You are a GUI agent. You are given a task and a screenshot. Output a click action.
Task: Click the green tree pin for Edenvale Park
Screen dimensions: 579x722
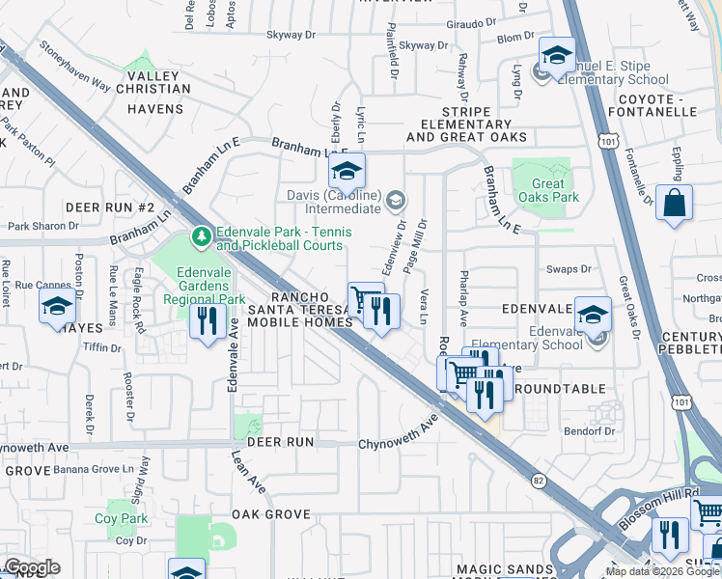click(202, 235)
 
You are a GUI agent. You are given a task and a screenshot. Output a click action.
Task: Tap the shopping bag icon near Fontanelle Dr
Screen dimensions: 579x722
click(674, 204)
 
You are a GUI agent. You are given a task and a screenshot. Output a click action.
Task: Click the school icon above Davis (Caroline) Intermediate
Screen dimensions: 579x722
click(347, 172)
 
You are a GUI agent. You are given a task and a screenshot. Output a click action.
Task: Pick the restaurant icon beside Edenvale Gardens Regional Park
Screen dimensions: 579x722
click(207, 318)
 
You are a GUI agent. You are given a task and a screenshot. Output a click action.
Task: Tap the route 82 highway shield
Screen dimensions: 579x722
click(537, 478)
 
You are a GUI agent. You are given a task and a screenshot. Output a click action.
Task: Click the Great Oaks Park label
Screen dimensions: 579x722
click(547, 190)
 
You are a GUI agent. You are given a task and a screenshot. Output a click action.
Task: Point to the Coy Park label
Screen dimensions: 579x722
click(122, 518)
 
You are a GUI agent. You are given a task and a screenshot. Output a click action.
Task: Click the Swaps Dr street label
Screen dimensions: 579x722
click(569, 270)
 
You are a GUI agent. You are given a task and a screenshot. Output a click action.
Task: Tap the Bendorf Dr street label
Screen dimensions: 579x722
click(589, 431)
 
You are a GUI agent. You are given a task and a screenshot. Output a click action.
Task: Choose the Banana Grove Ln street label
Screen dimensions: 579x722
click(93, 469)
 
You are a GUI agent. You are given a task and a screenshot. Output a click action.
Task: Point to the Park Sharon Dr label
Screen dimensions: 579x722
click(42, 226)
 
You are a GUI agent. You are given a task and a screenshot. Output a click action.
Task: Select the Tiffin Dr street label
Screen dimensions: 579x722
click(103, 347)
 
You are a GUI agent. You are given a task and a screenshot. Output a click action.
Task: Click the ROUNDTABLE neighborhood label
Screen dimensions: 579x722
click(561, 389)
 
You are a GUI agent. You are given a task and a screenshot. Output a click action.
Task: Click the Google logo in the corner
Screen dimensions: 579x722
click(32, 566)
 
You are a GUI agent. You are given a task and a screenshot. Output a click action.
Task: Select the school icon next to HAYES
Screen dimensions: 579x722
click(58, 306)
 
